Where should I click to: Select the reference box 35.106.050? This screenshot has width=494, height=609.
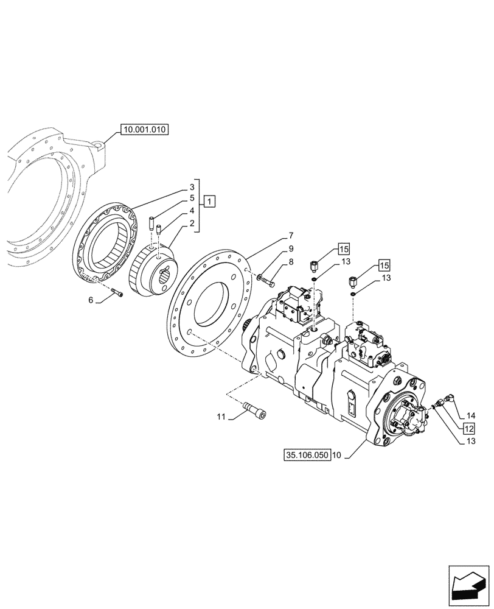pos(307,454)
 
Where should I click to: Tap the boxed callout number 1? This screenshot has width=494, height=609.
pos(209,200)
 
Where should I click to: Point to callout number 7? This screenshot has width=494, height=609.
pos(291,236)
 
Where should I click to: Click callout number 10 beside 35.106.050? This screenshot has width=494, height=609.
pos(338,455)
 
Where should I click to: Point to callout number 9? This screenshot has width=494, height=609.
pos(291,248)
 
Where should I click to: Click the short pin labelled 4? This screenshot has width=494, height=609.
pos(159,231)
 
